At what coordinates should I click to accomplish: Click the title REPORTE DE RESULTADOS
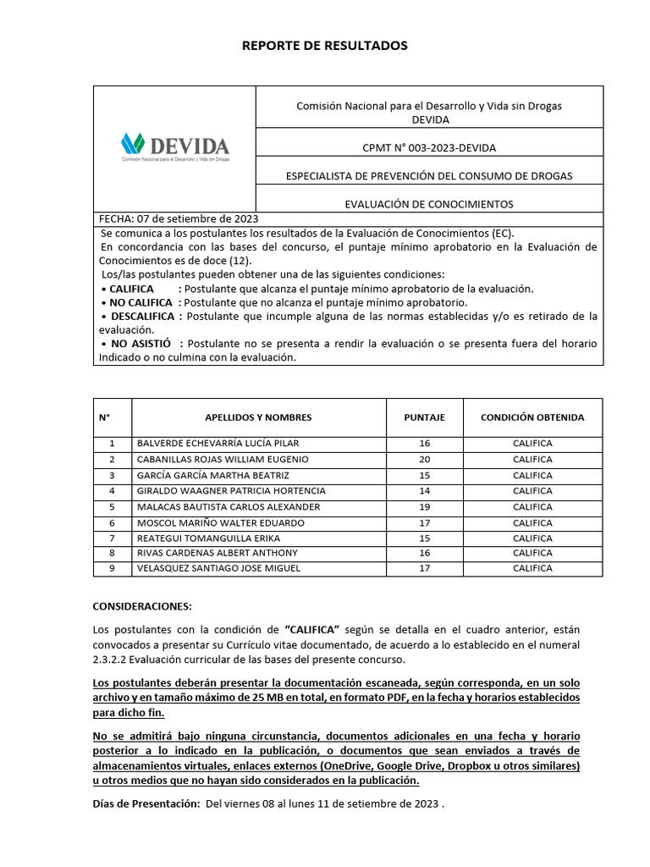point(325,46)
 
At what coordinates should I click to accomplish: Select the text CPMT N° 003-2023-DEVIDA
point(429,148)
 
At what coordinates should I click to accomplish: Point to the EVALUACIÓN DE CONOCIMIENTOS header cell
point(429,204)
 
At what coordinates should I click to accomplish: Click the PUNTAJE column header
point(424,417)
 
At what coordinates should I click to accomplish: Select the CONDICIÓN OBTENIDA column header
point(532,417)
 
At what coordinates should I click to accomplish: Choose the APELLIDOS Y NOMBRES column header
point(258,417)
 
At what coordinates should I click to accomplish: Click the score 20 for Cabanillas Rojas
point(424,459)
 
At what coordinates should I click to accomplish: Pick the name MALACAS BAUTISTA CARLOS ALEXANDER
point(229,506)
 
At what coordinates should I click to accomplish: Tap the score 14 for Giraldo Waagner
point(424,491)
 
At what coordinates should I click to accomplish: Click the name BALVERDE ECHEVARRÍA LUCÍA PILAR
point(218,444)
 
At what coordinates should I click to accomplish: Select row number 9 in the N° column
point(112,569)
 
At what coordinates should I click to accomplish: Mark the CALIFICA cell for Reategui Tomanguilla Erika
point(532,538)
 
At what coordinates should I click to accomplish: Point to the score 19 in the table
point(424,506)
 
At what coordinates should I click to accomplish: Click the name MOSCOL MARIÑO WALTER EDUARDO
point(219,522)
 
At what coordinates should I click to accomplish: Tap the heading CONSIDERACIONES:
point(142,606)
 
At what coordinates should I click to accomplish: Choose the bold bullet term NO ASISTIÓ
point(135,344)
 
